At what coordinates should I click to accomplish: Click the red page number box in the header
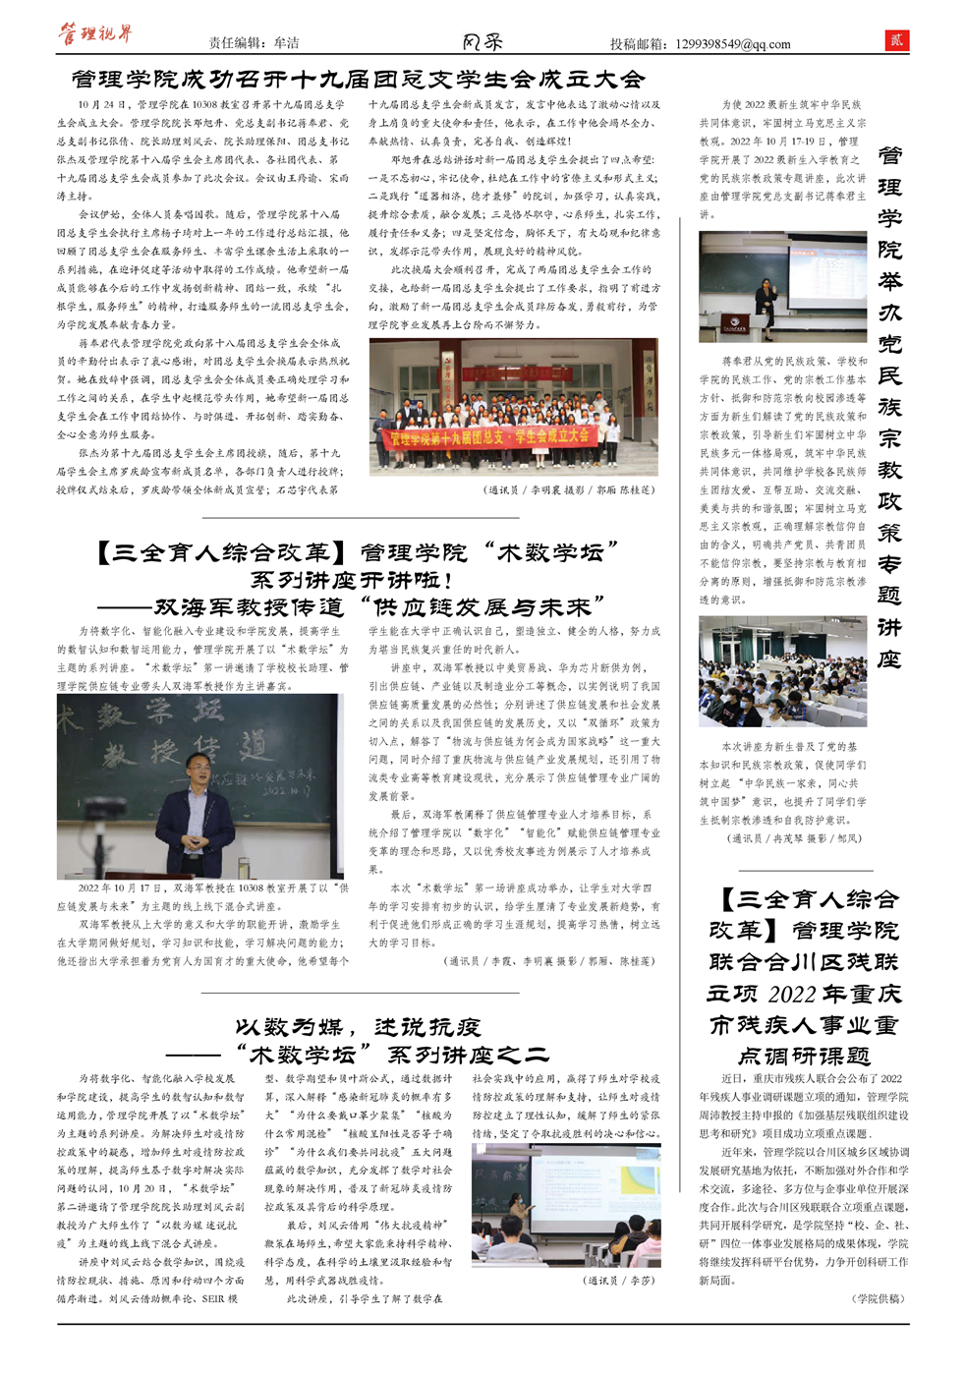coord(895,40)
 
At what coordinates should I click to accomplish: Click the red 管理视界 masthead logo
coord(95,34)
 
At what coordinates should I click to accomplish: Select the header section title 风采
coord(482,41)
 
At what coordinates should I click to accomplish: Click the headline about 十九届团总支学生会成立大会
coord(358,80)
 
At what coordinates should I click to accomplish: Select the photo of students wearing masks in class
coord(782,670)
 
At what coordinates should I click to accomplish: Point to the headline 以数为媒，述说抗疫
coord(358,1027)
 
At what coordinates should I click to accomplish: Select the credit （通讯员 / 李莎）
coord(619,1280)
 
